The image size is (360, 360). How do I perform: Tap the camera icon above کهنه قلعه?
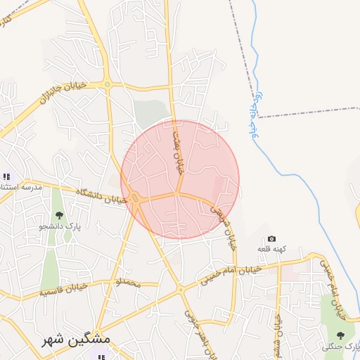[x=272, y=239]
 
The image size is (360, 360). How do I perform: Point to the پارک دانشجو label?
[x=60, y=228]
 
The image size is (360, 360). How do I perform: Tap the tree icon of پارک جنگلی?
[x=341, y=335]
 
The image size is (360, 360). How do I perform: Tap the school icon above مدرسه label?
[x=6, y=176]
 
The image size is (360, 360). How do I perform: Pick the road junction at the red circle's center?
[x=180, y=192]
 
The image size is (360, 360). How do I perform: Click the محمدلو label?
[x=128, y=283]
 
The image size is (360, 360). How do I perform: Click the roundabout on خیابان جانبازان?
[x=107, y=84]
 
